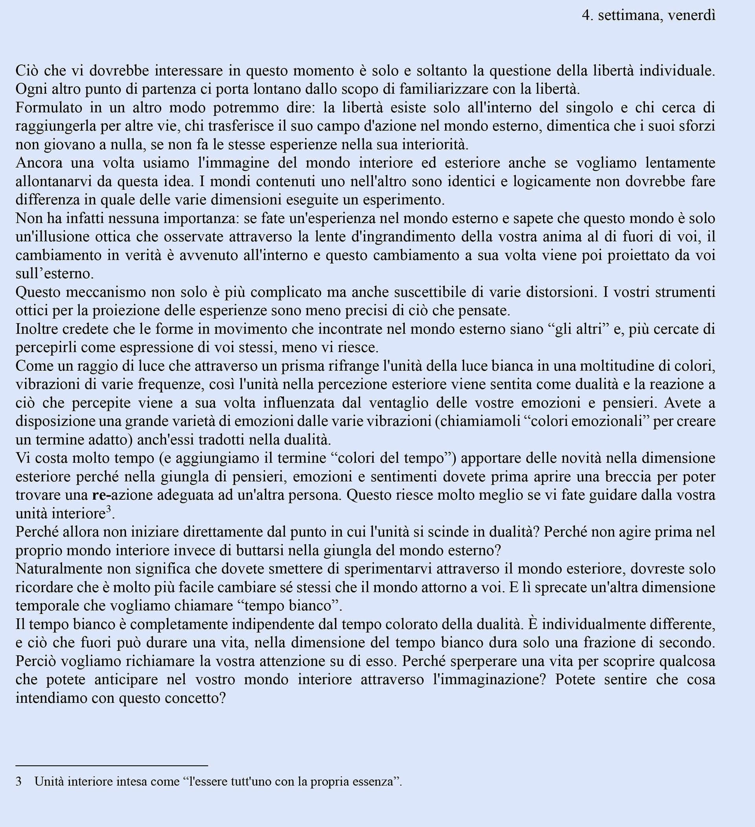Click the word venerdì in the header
tap(691, 15)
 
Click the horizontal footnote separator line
tap(112, 765)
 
